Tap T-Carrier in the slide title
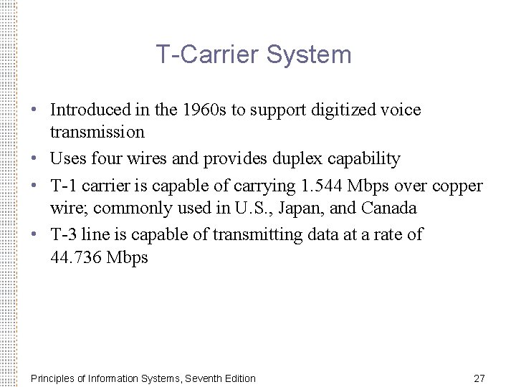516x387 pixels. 211,55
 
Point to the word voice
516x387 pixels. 401,110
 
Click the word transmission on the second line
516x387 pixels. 97,132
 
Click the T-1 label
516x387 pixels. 64,186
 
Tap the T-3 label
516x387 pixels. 64,234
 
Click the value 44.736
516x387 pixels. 76,257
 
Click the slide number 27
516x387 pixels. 479,378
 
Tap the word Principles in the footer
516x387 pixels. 54,378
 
